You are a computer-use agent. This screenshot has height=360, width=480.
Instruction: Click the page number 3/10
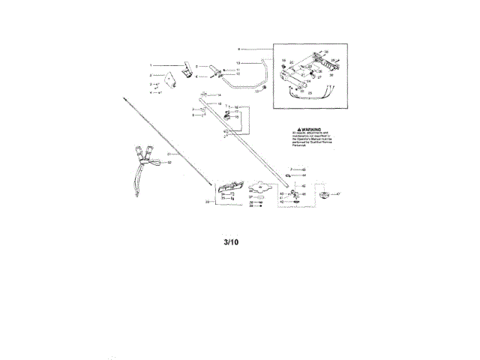pyautogui.click(x=232, y=243)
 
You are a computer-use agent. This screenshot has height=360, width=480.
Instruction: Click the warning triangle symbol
pyautogui.click(x=300, y=129)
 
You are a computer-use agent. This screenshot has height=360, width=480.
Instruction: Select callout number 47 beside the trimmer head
pyautogui.click(x=338, y=193)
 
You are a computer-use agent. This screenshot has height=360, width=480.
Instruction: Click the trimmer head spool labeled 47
pyautogui.click(x=324, y=196)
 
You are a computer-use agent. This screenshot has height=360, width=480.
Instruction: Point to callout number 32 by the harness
pyautogui.click(x=169, y=162)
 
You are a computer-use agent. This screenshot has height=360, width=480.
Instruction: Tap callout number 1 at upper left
pyautogui.click(x=150, y=65)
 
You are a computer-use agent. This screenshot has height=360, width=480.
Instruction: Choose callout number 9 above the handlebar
pyautogui.click(x=238, y=48)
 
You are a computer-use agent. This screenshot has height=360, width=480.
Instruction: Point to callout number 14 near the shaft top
pyautogui.click(x=219, y=95)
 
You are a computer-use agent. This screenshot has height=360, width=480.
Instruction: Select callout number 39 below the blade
pyautogui.click(x=251, y=208)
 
